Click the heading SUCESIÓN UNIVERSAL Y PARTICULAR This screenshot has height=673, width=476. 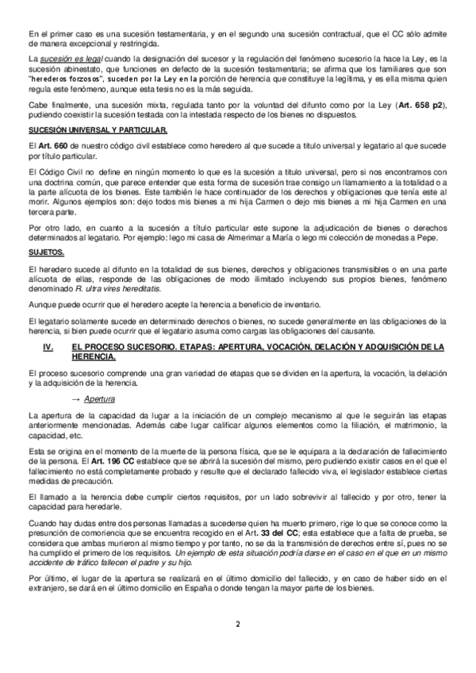coord(97,129)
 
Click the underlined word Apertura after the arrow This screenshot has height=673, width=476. coord(100,398)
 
